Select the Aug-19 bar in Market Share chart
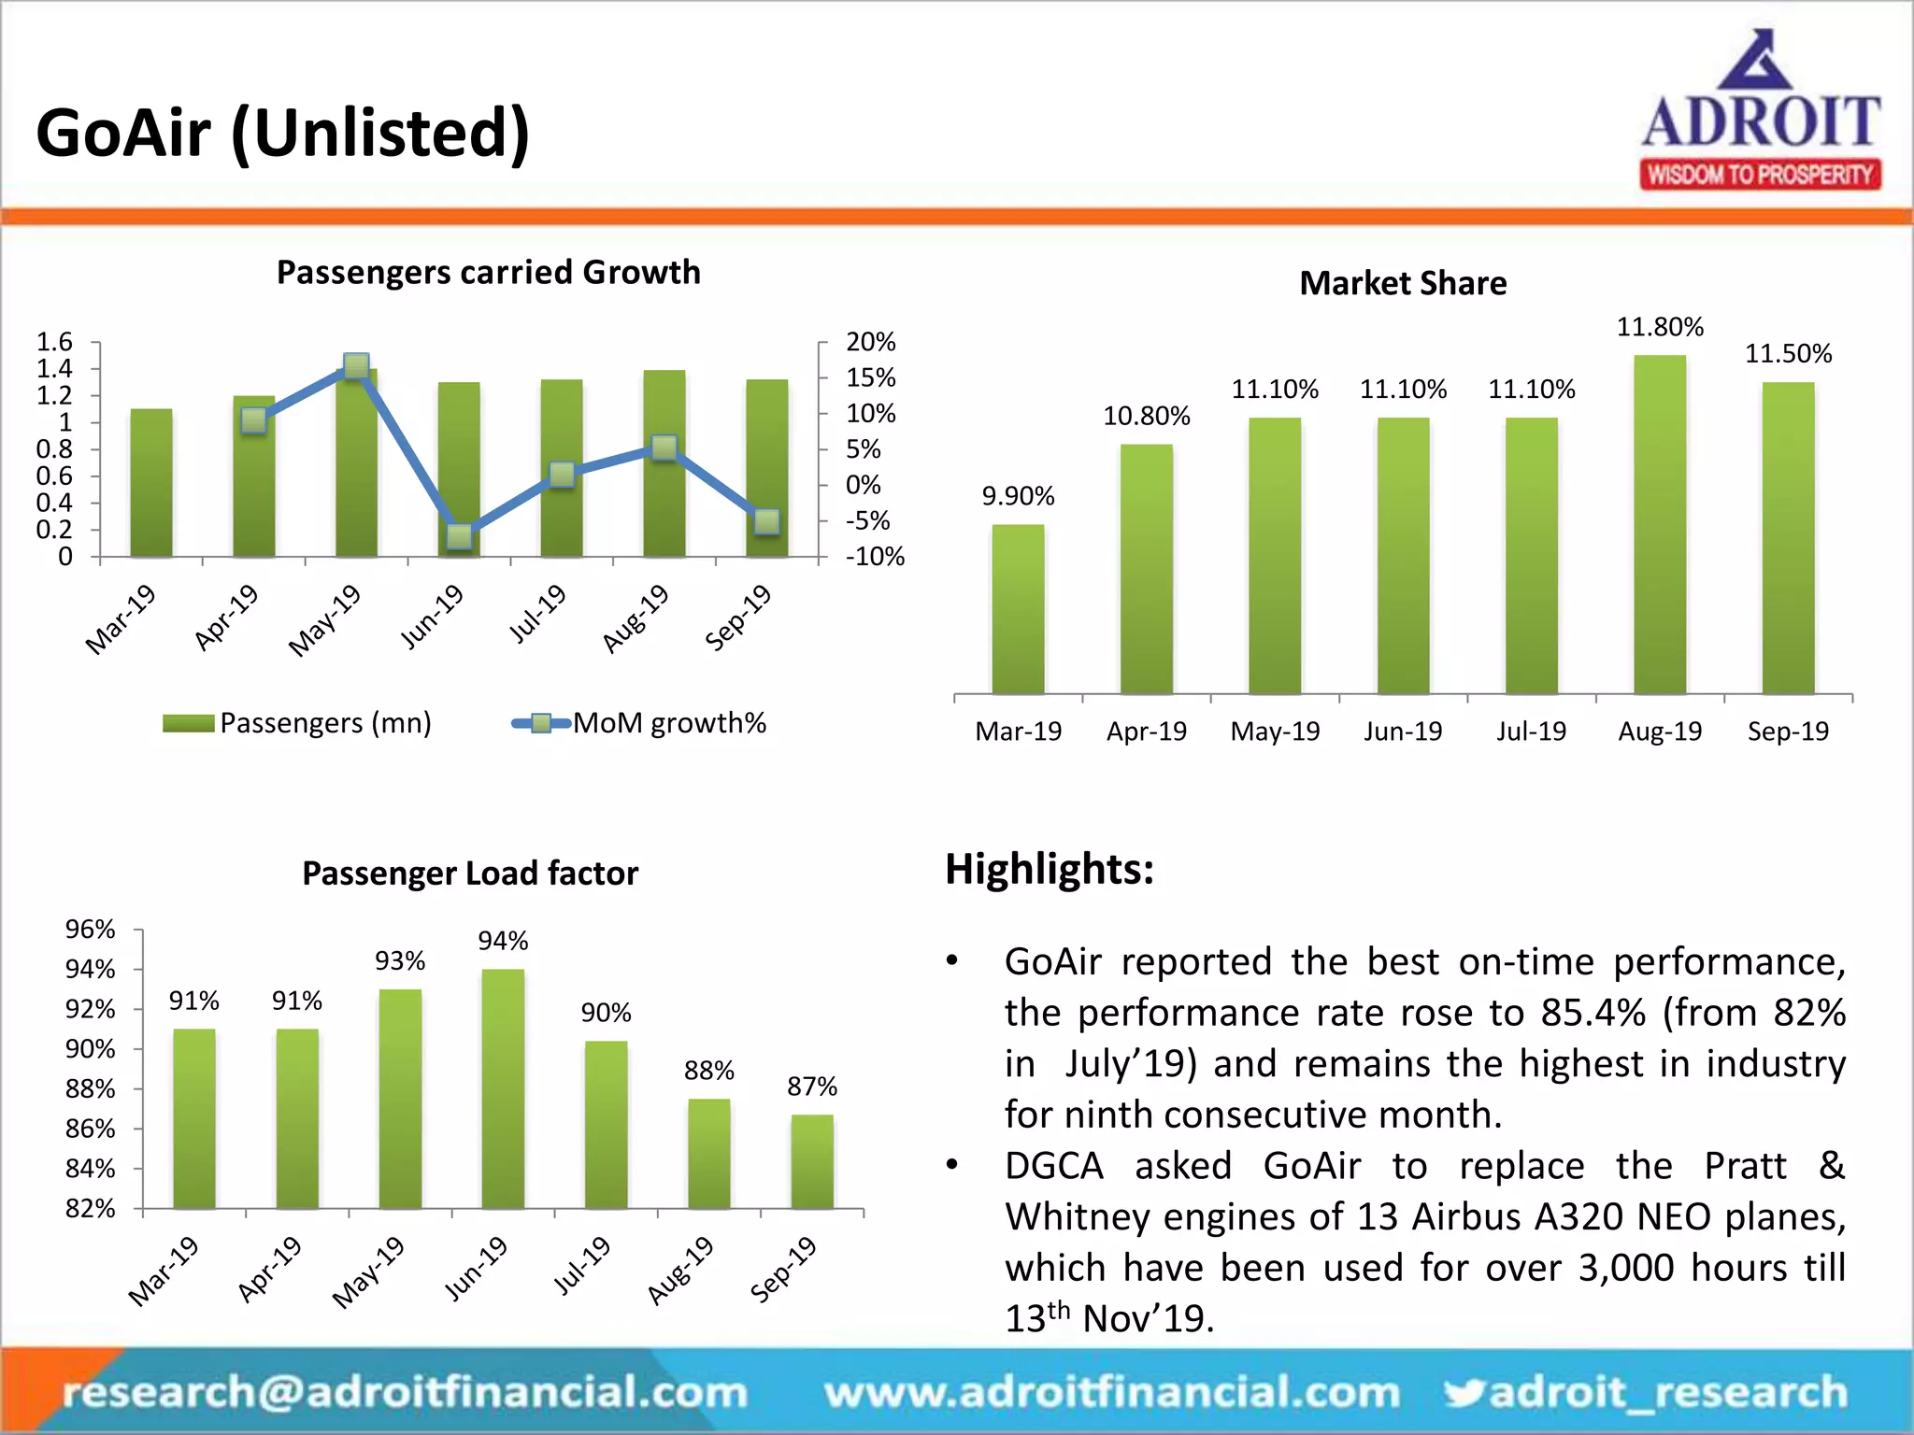1660,524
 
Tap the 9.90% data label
1018,496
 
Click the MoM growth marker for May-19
356,365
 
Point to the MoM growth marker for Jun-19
459,536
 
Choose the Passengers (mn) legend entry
297,723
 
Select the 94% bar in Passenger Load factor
503,1088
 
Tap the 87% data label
811,1087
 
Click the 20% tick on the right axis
870,342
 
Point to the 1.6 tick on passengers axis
54,342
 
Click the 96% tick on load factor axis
90,930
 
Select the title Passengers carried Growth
488,272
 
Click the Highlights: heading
1049,869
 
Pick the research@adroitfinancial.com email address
405,1392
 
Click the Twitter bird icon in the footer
1464,1392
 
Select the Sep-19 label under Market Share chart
1787,732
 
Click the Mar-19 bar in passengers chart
151,483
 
